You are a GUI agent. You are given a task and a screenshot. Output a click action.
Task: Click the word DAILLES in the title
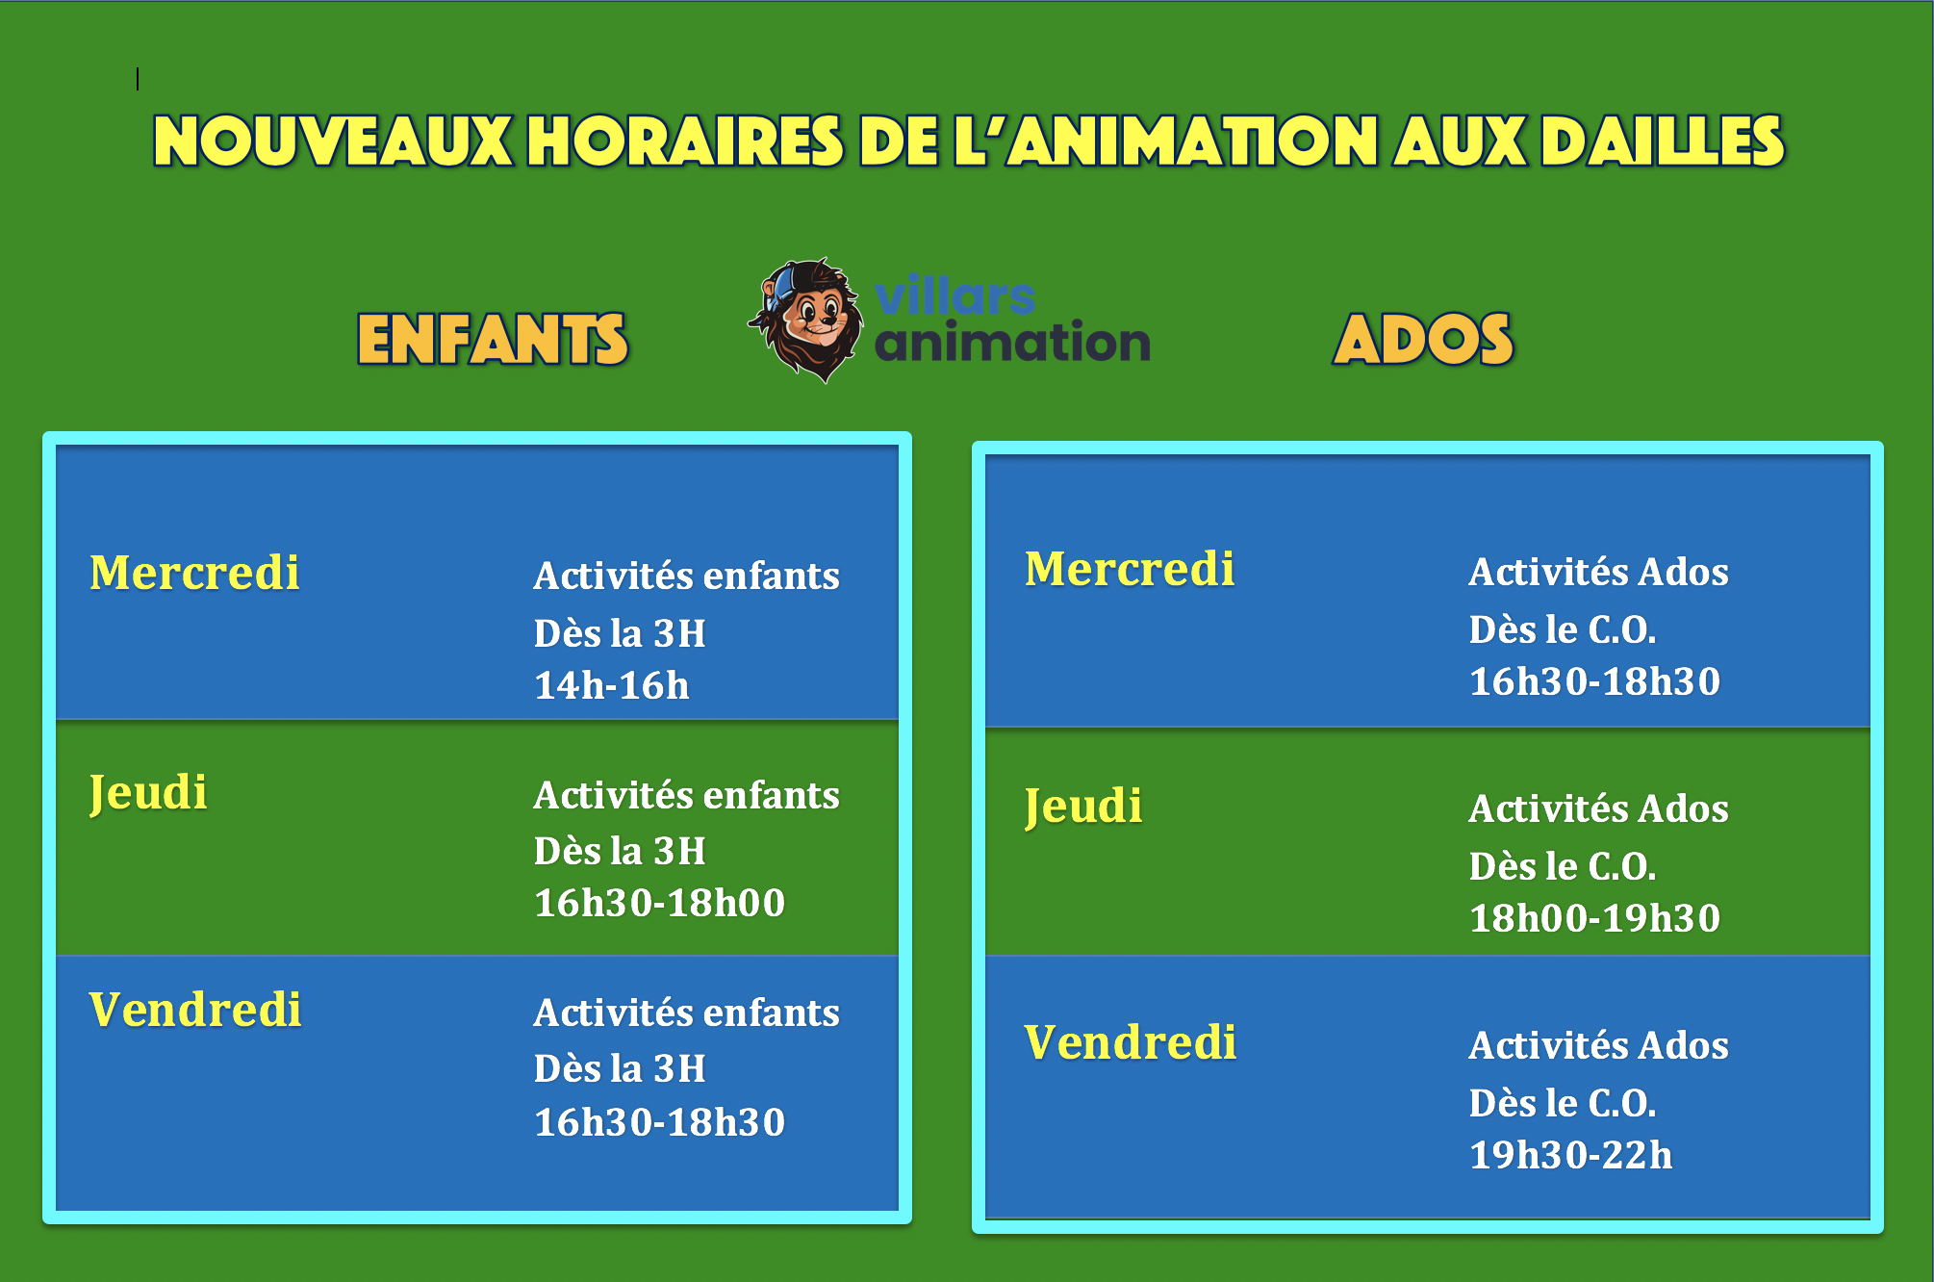point(1663,141)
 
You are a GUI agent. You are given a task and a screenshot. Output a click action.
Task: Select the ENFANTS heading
point(493,340)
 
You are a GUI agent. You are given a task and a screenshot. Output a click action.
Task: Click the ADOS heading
point(1423,340)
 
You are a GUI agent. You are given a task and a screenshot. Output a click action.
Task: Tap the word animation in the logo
point(1012,342)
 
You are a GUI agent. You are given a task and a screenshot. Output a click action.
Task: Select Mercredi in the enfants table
point(194,572)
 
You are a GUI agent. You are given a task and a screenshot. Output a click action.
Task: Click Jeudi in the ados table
point(1083,807)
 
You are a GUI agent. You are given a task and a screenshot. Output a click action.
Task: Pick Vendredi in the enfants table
point(195,1010)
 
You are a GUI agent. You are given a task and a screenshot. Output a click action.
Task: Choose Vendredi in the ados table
point(1131,1042)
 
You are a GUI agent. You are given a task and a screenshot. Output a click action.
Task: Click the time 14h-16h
point(612,685)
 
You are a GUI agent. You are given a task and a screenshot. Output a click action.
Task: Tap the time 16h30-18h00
point(660,903)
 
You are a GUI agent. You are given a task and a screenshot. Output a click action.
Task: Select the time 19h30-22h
point(1571,1155)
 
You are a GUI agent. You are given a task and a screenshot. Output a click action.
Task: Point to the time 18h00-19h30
point(1595,918)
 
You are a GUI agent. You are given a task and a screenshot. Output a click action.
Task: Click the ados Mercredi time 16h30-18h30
point(1595,681)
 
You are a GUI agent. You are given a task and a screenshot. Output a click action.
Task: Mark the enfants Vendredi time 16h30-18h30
point(660,1122)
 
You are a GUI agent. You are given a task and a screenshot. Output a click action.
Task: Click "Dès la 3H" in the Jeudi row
point(620,851)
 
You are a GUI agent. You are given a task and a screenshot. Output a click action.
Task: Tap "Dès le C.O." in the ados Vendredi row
point(1563,1103)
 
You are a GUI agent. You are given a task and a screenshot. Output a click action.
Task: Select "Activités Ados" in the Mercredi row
point(1599,572)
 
